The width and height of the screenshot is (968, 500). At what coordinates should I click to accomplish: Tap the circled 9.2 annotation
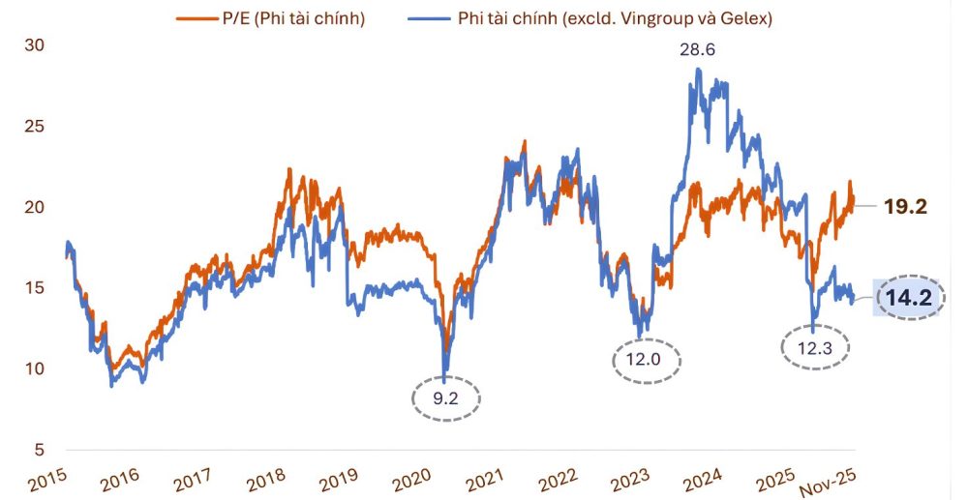click(x=446, y=397)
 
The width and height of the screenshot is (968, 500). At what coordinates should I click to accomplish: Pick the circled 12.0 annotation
click(x=647, y=360)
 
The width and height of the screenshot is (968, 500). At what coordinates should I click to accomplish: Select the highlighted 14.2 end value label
click(x=908, y=299)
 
